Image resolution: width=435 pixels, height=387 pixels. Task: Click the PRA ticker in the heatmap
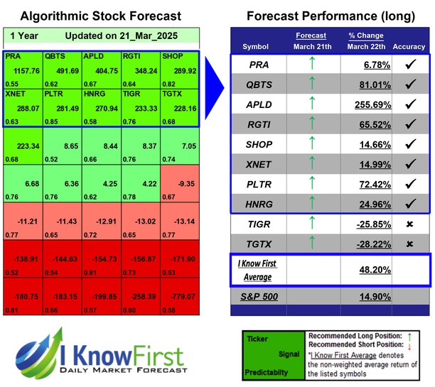point(14,55)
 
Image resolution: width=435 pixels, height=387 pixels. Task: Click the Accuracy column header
point(409,47)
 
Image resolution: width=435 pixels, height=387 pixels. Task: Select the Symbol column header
point(255,47)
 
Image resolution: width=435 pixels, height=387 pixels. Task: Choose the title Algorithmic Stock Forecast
point(100,16)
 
